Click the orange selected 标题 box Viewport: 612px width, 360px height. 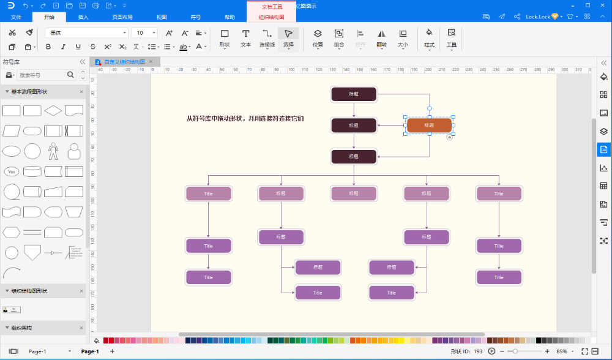pos(429,126)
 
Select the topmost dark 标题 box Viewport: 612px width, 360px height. pos(353,94)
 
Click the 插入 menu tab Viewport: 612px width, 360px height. pos(83,17)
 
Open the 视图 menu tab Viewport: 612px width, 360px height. pos(162,17)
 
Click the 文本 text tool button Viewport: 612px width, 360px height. pos(245,38)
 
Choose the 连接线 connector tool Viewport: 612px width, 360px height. pos(267,38)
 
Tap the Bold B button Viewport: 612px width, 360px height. pos(48,47)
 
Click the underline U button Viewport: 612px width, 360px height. pos(78,47)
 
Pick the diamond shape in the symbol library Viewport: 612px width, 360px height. pos(53,111)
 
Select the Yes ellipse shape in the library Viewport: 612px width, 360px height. pos(12,171)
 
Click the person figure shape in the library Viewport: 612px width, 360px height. pos(53,151)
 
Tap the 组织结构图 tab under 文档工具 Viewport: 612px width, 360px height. pos(271,17)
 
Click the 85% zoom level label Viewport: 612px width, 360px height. pos(561,351)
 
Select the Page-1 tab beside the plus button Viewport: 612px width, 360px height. pos(90,351)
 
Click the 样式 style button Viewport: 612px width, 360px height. pos(429,38)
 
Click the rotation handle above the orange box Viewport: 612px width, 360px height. pos(429,108)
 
